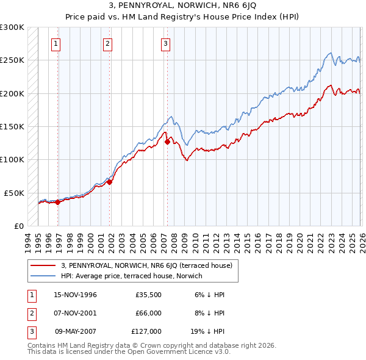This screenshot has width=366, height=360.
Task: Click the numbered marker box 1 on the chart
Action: coord(56,43)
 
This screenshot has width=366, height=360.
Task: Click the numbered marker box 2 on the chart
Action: coord(107,43)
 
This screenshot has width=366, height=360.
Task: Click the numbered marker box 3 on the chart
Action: coord(165,43)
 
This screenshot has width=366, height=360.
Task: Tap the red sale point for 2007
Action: coord(167,142)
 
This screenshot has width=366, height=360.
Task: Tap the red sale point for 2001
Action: coord(110,182)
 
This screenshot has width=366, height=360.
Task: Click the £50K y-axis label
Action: coord(14,193)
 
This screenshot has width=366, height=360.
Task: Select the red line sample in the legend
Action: coord(43,265)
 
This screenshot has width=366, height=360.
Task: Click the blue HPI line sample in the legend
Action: coord(43,276)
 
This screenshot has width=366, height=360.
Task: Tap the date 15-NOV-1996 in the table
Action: coord(76,294)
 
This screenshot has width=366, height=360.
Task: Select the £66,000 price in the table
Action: coord(148,313)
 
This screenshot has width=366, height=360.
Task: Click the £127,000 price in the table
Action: coord(146,331)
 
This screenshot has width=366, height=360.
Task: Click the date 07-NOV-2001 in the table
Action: coord(76,313)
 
